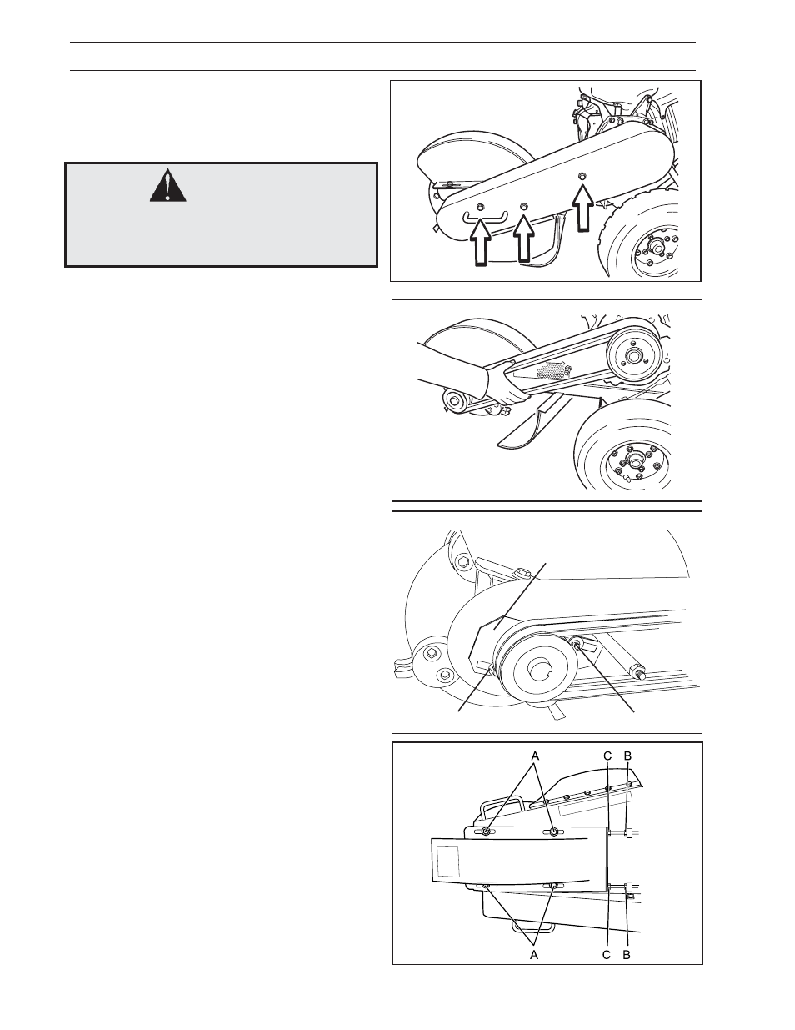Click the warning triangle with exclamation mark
pos(168,186)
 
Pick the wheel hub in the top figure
pos(656,248)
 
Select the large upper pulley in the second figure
pos(632,355)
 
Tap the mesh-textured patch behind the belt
pos(551,370)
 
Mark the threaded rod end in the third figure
pos(638,671)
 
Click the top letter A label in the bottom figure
pos(535,756)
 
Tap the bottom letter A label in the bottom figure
pos(534,955)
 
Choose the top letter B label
pos(627,756)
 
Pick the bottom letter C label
pos(607,955)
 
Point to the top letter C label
pos(608,756)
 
